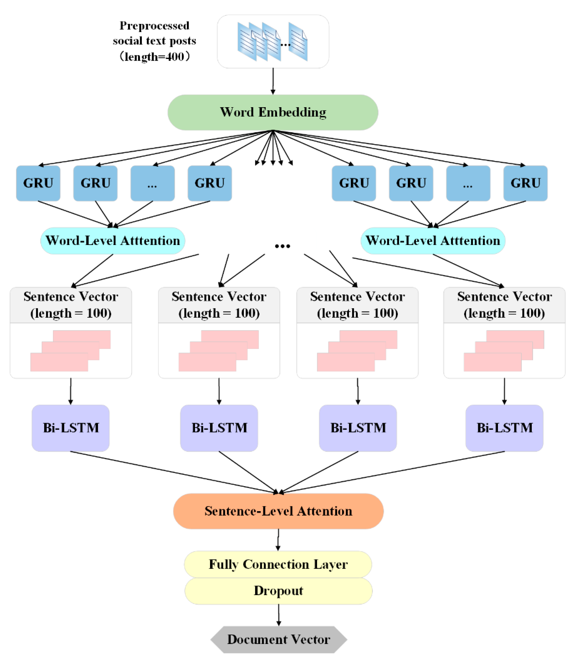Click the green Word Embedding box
pyautogui.click(x=273, y=112)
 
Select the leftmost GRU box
pyautogui.click(x=38, y=183)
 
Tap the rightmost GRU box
pyautogui.click(x=525, y=183)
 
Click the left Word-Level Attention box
pyautogui.click(x=113, y=241)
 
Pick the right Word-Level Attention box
pyautogui.click(x=433, y=241)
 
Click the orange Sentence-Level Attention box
pyautogui.click(x=278, y=511)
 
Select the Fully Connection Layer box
pyautogui.click(x=278, y=564)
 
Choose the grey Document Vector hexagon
pyautogui.click(x=278, y=639)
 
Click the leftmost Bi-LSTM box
pyautogui.click(x=71, y=428)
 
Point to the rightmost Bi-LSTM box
pyautogui.click(x=504, y=428)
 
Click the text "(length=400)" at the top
pyautogui.click(x=154, y=57)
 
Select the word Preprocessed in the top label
pyautogui.click(x=154, y=26)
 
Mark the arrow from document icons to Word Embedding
pyautogui.click(x=273, y=81)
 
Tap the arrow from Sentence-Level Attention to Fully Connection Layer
pyautogui.click(x=278, y=540)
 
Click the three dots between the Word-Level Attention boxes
pyautogui.click(x=282, y=246)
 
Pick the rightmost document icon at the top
pyautogui.click(x=298, y=42)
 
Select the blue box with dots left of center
pyautogui.click(x=152, y=183)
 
